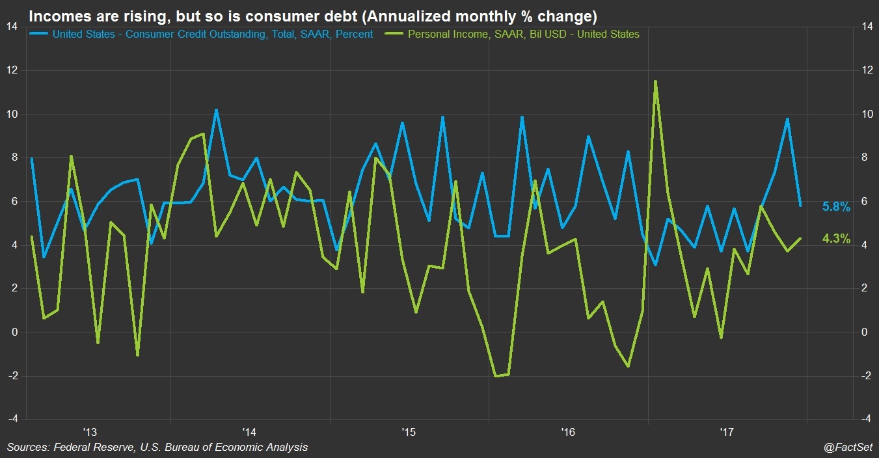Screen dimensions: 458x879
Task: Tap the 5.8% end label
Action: click(x=836, y=207)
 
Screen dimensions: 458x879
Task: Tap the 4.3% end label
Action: click(x=836, y=239)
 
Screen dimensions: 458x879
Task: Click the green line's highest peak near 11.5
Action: click(x=655, y=81)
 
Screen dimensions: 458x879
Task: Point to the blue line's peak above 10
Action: click(x=216, y=110)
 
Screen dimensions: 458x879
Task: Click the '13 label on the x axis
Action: click(x=90, y=431)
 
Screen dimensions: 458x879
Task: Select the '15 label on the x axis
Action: click(x=408, y=431)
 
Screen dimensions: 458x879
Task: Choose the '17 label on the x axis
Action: click(x=727, y=431)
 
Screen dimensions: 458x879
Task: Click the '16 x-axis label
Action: click(x=567, y=431)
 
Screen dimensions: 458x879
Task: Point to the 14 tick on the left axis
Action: click(x=12, y=27)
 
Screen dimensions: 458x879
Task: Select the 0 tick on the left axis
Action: click(x=16, y=332)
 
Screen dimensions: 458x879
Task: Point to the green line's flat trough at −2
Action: click(x=502, y=375)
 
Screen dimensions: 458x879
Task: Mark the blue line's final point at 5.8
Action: click(x=800, y=206)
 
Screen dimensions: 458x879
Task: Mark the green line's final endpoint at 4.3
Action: click(x=800, y=238)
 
